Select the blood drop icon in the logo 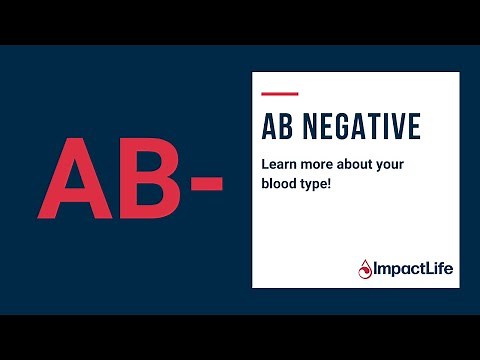click(365, 267)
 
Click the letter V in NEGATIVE click(394, 127)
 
